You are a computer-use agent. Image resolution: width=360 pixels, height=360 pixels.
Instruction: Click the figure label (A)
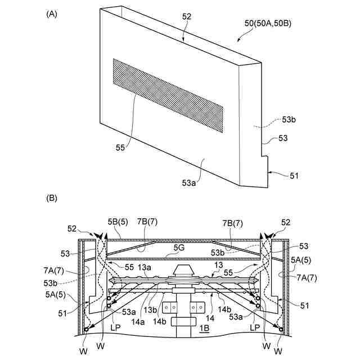tap(51, 13)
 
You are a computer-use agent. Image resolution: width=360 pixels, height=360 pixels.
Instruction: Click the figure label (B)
tap(51, 198)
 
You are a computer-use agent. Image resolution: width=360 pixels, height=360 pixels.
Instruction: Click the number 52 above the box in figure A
tap(187, 17)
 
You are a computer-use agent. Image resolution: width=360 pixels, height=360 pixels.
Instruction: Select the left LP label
tap(116, 327)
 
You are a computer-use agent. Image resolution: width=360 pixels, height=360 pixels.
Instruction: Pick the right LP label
tap(254, 327)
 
